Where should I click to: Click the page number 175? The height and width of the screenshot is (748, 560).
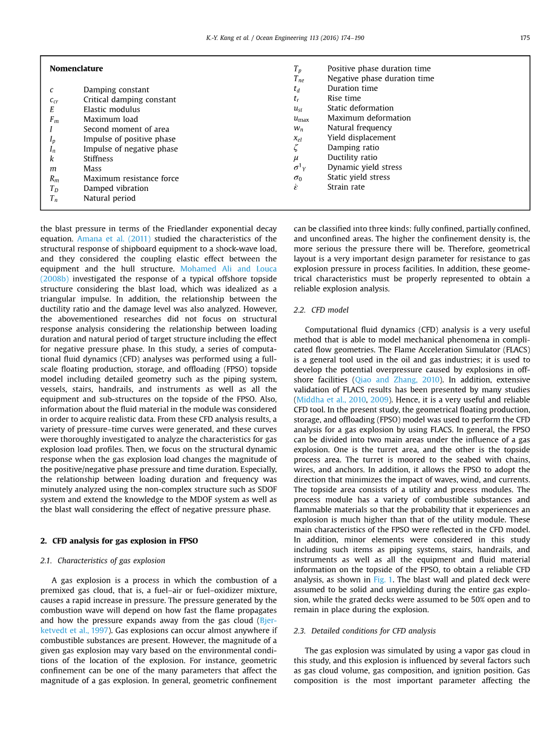coord(524,38)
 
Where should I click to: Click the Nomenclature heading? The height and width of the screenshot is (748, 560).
coord(76,68)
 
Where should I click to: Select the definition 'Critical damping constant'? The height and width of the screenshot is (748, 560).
coord(130,99)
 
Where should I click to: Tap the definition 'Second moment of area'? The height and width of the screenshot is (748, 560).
coord(126,129)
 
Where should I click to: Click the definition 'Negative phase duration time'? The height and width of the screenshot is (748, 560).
coord(380,78)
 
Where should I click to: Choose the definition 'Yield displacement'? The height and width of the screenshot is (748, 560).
coord(361,138)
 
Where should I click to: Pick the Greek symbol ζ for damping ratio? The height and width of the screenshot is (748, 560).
coord(296,147)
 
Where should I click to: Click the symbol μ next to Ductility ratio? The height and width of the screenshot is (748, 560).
coord(296,158)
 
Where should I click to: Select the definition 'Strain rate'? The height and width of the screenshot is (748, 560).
coord(346,187)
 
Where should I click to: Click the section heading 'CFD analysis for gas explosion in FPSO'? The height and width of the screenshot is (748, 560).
coord(125,541)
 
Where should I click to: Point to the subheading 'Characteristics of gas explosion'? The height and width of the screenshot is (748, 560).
coord(111,561)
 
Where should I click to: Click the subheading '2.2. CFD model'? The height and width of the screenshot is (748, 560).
coord(321,310)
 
